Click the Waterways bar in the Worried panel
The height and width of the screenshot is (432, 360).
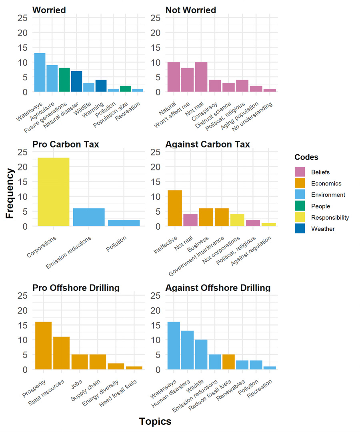40,72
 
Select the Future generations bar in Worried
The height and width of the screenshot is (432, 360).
64,80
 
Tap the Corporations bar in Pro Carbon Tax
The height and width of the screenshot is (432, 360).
53,192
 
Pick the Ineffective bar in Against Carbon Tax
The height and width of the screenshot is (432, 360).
175,208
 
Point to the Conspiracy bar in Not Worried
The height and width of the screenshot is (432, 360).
214,86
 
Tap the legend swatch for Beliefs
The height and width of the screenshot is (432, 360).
300,172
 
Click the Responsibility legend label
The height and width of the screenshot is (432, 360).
330,218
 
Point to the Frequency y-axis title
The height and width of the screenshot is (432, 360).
10,193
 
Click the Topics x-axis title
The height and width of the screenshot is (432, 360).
155,421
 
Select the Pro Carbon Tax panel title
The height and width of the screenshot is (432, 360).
65,144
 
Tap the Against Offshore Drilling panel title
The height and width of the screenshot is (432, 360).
218,288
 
